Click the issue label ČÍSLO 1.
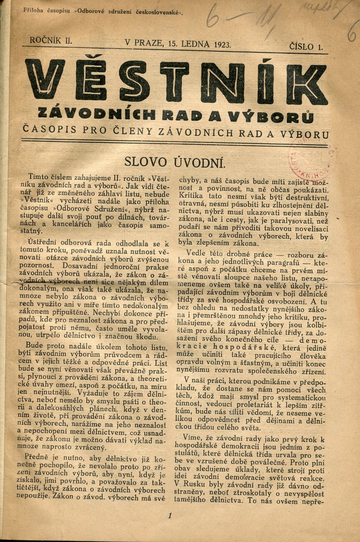306,47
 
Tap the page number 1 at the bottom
170,516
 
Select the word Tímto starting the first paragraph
38,178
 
